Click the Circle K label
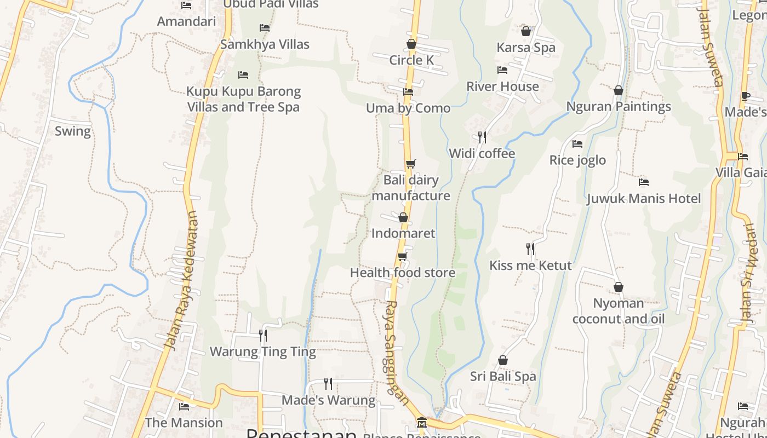coord(411,60)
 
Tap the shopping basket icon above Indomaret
coord(403,217)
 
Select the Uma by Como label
coord(408,108)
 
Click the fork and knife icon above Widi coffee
coord(482,137)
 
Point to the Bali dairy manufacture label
coord(411,188)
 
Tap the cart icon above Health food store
coord(403,256)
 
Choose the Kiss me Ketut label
coord(530,266)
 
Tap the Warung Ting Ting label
coord(263,351)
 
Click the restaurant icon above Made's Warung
coord(328,383)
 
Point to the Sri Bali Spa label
coord(503,377)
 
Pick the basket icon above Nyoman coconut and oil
coord(619,287)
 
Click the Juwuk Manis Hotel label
coord(644,198)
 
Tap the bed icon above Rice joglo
coord(577,144)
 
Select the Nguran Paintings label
coord(619,107)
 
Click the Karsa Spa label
coord(526,48)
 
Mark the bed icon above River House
coord(502,70)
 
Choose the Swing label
coord(73,131)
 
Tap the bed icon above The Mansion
coord(184,406)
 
